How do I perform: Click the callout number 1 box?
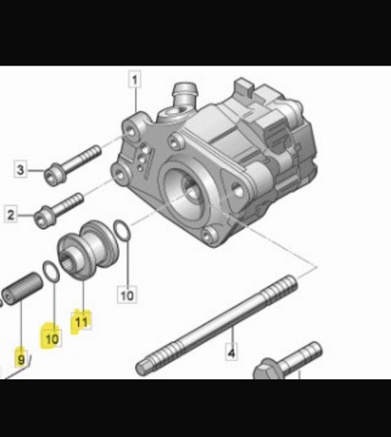[134, 79]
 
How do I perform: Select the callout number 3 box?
[20, 169]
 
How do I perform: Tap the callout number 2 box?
[10, 214]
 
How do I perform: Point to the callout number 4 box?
[231, 352]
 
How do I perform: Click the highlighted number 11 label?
[81, 322]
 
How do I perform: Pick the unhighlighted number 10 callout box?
[127, 295]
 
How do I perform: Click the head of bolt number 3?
[54, 175]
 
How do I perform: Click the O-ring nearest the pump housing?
[121, 231]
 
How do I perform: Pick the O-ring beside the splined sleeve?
[51, 272]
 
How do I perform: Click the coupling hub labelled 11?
[88, 249]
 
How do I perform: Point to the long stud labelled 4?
[216, 325]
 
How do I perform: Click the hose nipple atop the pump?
[185, 94]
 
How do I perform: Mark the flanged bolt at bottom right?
[286, 361]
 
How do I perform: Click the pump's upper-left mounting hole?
[130, 132]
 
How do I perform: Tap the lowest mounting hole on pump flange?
[209, 235]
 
